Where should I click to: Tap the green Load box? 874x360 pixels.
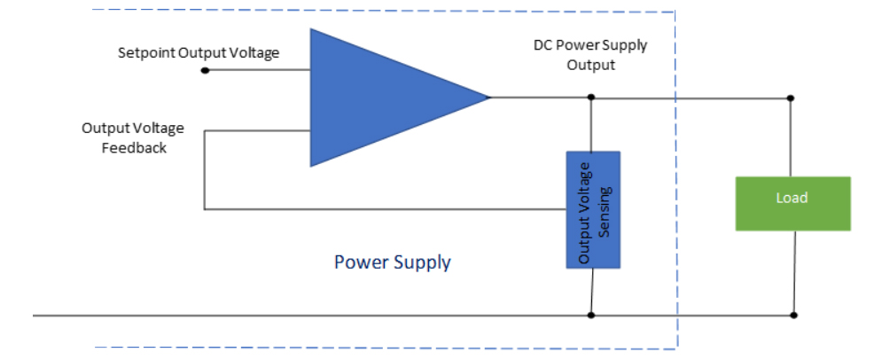pos(792,203)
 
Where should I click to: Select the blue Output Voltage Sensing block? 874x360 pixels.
pos(593,209)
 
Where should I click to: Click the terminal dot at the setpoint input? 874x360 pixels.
pos(205,70)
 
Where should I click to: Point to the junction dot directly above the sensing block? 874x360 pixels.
pos(591,98)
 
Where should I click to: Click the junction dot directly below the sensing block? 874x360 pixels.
pos(591,315)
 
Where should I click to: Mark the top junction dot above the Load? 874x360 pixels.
pos(791,98)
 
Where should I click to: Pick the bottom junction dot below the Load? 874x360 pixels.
pos(794,315)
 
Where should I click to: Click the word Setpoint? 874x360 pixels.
pos(146,53)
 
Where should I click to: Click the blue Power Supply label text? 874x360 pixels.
pos(392,262)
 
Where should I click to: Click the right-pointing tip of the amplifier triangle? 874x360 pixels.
pos(489,98)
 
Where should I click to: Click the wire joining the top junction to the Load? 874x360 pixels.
pos(791,137)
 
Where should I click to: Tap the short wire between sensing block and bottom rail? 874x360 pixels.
pos(591,291)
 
